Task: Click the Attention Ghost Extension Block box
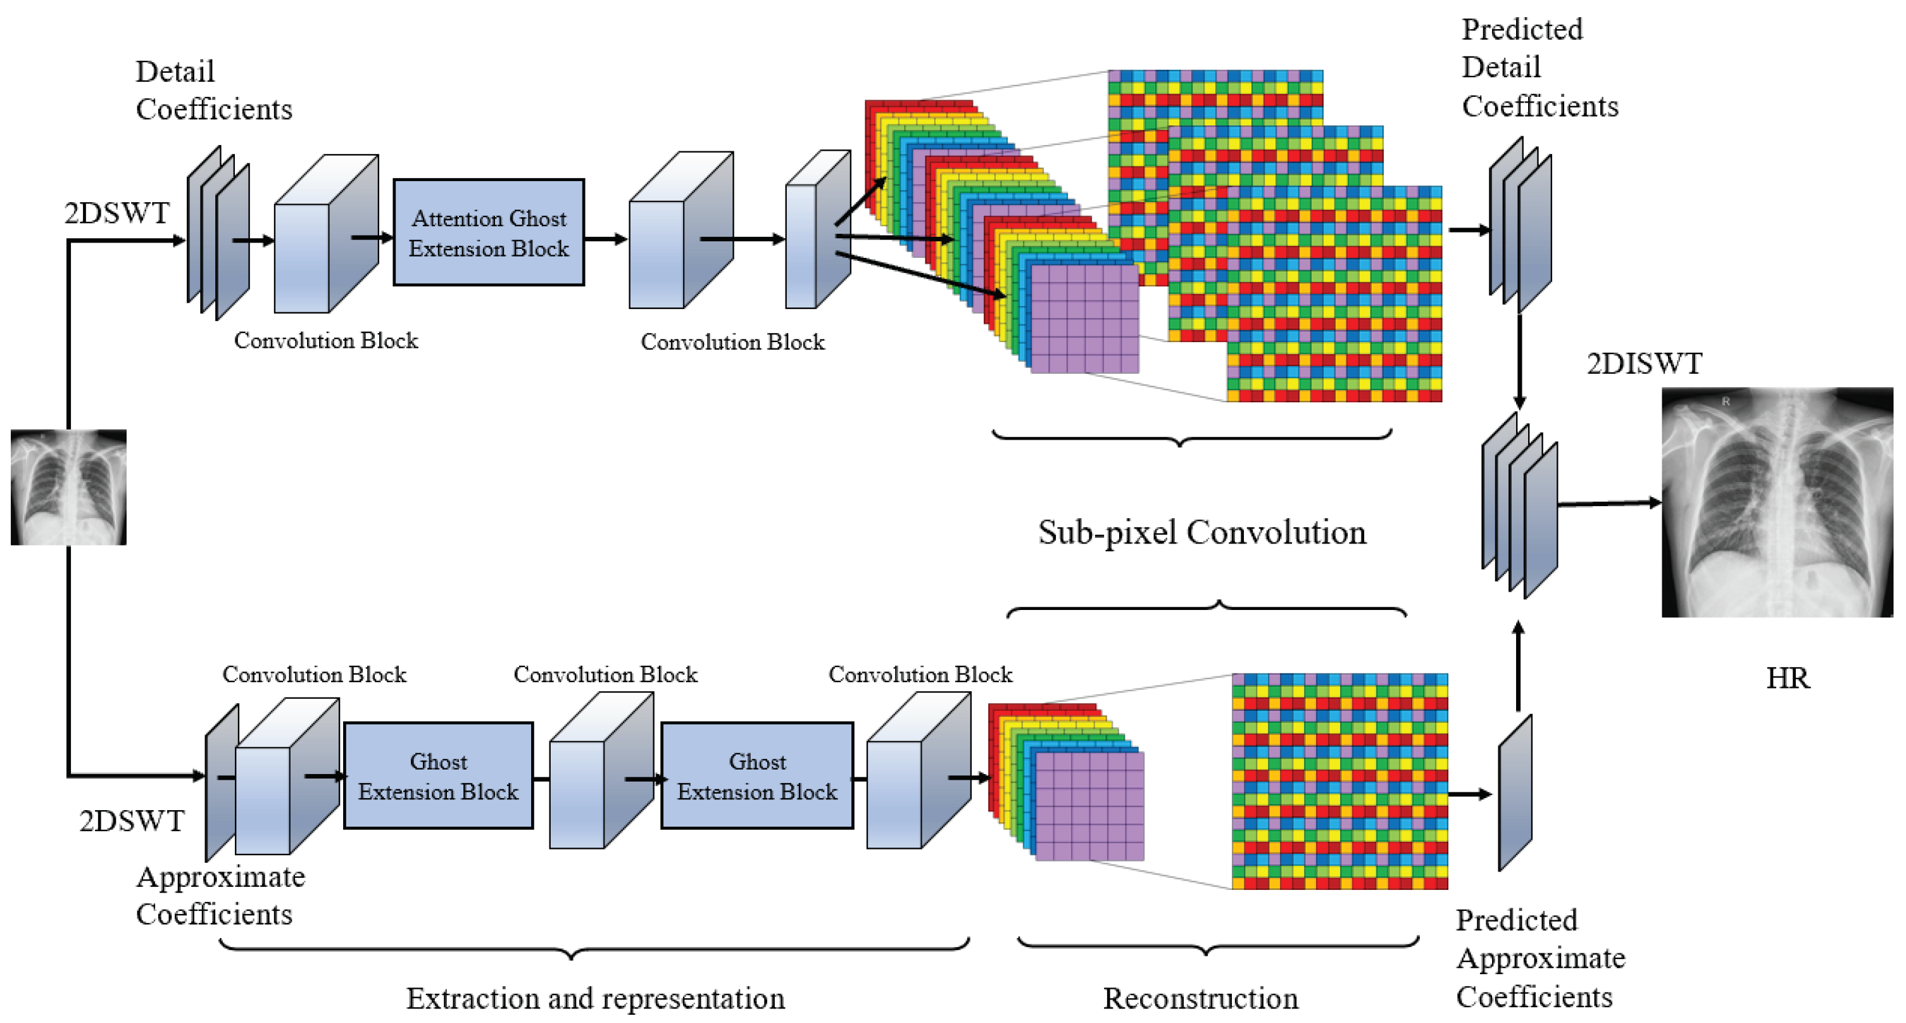click(x=488, y=232)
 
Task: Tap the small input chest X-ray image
click(x=68, y=487)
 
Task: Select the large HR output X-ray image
click(x=1776, y=502)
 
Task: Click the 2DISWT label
click(x=1644, y=364)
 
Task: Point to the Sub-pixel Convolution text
click(x=1201, y=532)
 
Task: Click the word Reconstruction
click(x=1200, y=998)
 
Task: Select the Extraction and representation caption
click(x=595, y=998)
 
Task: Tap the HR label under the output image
click(x=1788, y=678)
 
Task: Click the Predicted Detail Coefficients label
click(x=1539, y=68)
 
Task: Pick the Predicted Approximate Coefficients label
click(x=1539, y=958)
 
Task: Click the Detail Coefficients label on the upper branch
click(x=213, y=91)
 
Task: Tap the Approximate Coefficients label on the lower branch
click(x=220, y=896)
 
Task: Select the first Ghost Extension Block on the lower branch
click(x=438, y=776)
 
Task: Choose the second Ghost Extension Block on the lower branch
click(x=756, y=776)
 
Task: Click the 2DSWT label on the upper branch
click(x=117, y=213)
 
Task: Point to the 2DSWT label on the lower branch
click(x=132, y=821)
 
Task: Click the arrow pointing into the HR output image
click(x=1608, y=504)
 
